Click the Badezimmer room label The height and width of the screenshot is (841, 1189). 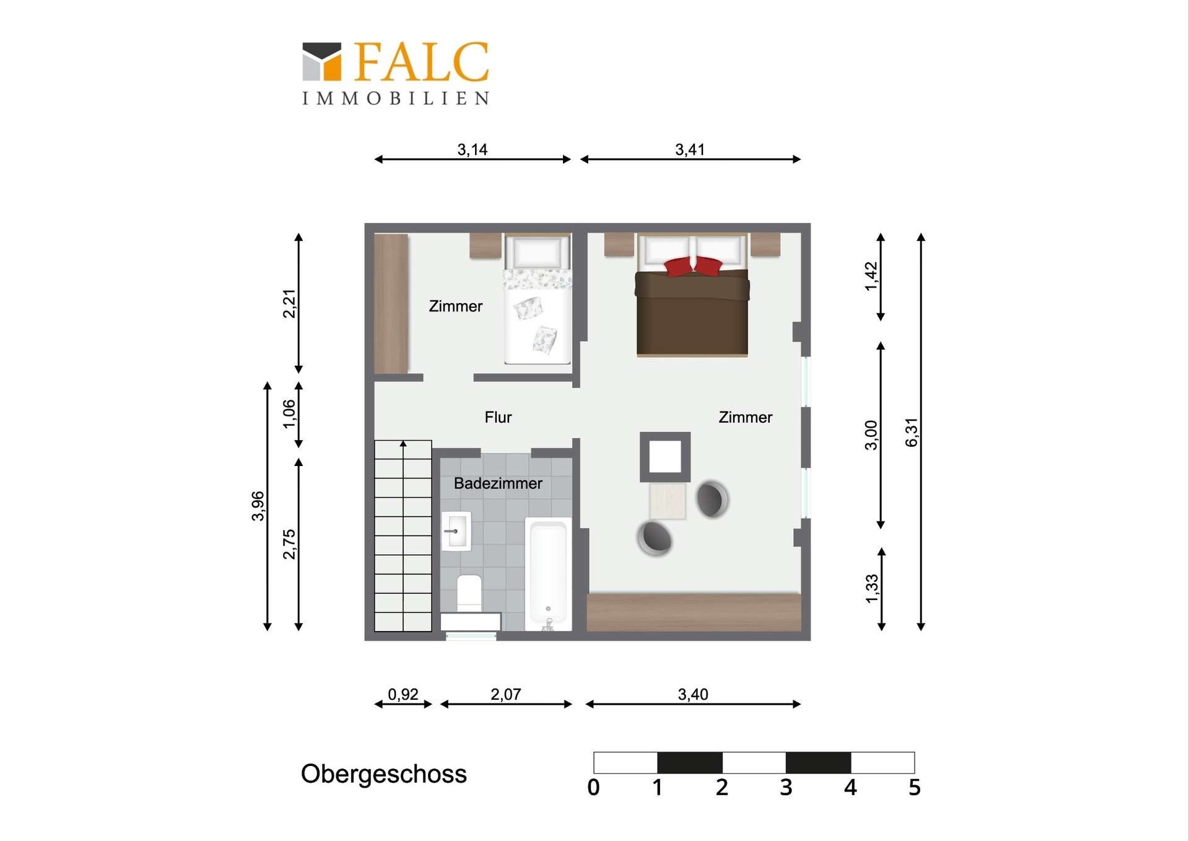[x=498, y=483]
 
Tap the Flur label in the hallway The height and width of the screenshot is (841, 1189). [x=498, y=417]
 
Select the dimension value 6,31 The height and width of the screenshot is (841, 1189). [x=912, y=432]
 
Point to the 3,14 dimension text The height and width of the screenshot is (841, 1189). [x=472, y=149]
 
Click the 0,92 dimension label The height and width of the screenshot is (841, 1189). [x=403, y=694]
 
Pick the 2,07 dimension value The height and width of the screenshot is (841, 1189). [x=506, y=694]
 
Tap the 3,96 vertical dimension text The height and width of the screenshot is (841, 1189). [x=258, y=506]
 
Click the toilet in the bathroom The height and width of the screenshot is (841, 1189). [x=469, y=594]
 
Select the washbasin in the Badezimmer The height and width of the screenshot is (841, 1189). [x=456, y=531]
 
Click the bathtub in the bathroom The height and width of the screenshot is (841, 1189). [x=548, y=574]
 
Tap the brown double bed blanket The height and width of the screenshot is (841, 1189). [x=692, y=312]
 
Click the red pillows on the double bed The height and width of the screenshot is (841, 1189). [x=693, y=266]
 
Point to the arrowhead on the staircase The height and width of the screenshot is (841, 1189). [x=403, y=443]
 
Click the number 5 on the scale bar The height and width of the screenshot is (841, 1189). [x=915, y=787]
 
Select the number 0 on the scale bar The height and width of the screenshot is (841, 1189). [x=593, y=787]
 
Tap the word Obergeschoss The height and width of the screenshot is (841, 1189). [x=384, y=774]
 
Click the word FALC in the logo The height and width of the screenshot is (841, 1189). [x=421, y=62]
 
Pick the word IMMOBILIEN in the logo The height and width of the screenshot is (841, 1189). [x=396, y=99]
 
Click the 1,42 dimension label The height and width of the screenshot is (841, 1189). [x=871, y=276]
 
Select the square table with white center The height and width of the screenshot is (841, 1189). [x=665, y=457]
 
